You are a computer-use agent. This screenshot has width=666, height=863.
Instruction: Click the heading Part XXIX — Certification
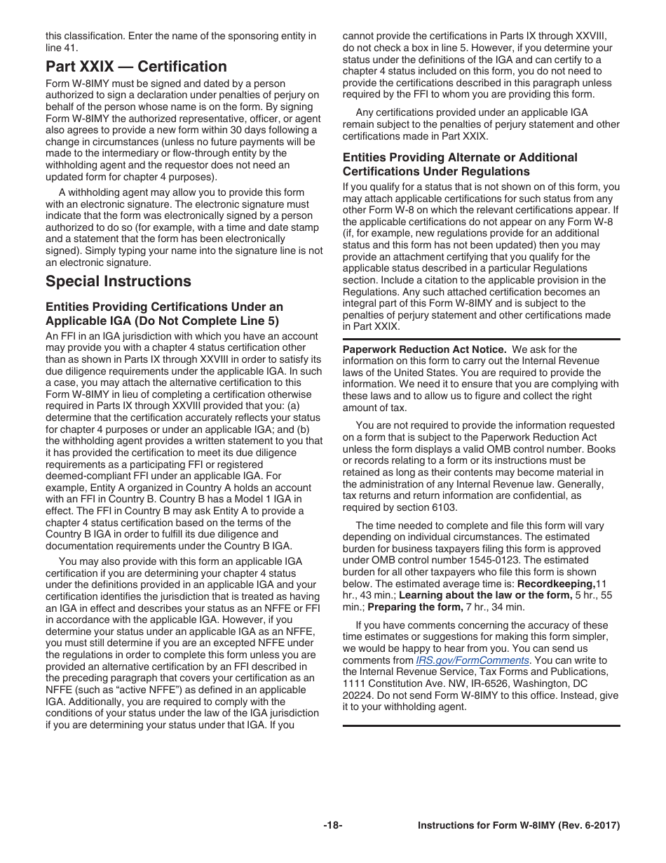[136, 67]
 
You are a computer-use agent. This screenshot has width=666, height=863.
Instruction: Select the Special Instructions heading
[118, 281]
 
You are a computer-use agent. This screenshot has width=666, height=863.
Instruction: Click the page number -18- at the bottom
[333, 826]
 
